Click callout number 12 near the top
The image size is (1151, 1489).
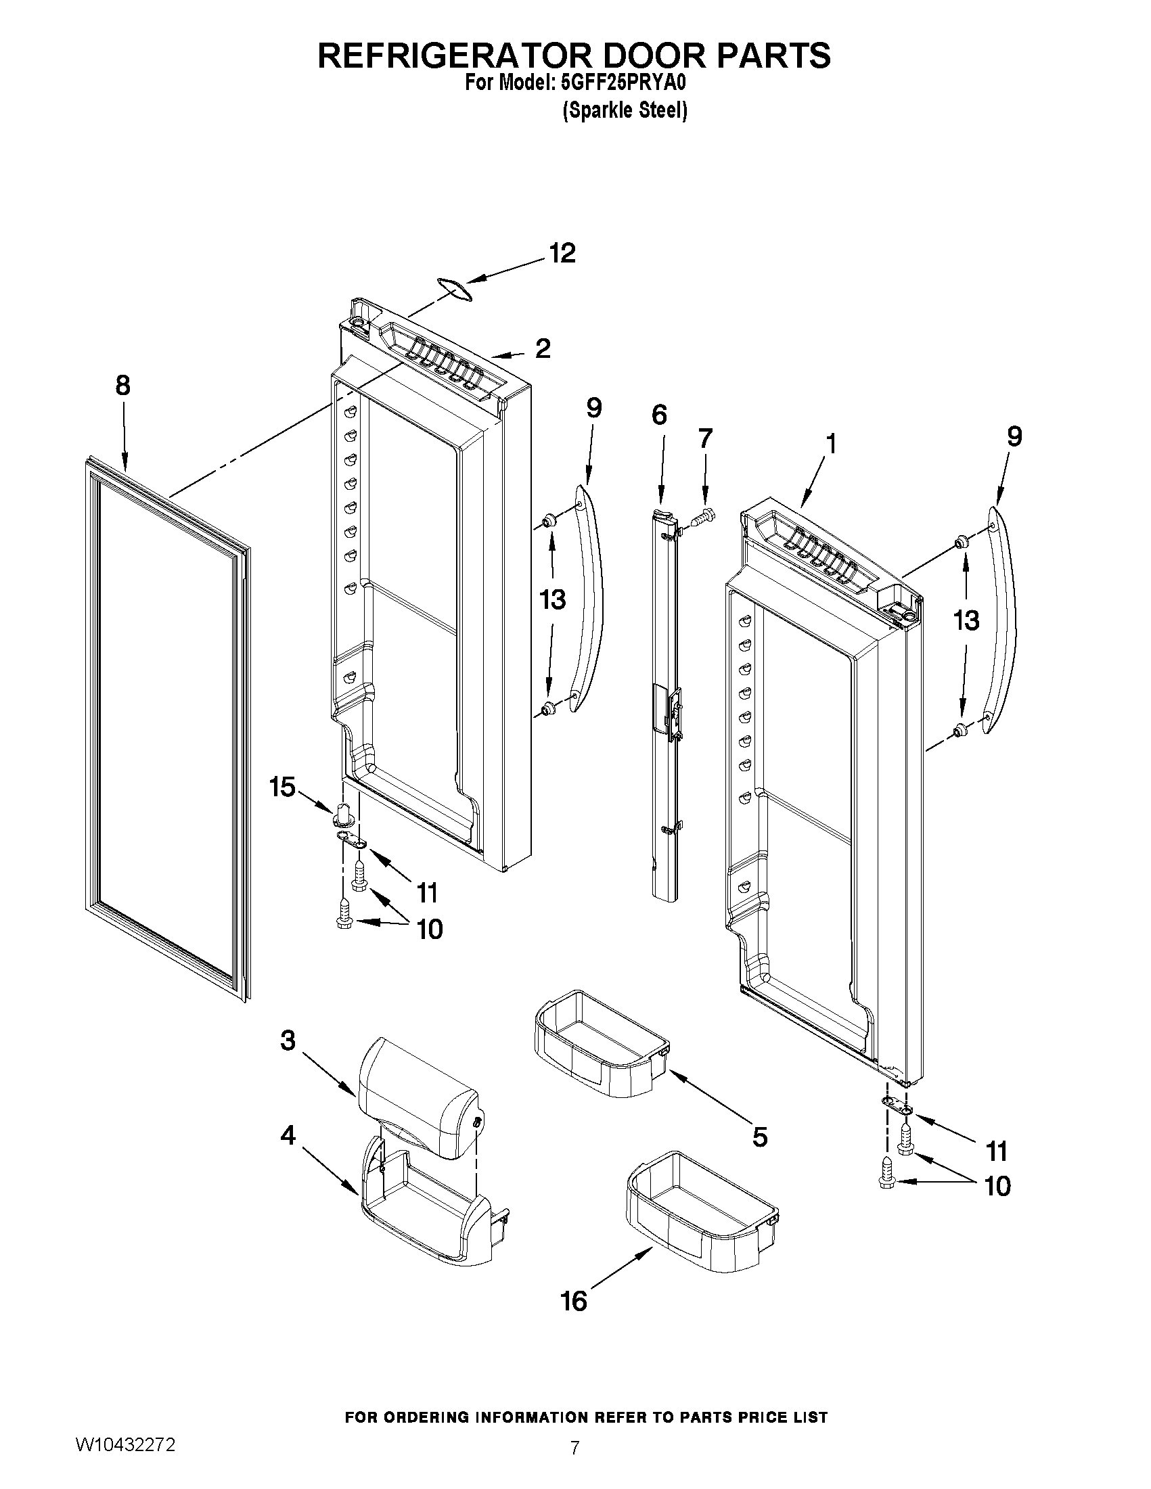point(562,254)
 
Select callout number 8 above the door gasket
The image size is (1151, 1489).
point(122,386)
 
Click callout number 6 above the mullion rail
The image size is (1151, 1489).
point(658,415)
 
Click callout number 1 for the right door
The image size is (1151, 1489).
point(830,444)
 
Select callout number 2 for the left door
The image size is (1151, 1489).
point(543,348)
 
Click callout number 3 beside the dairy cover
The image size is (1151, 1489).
point(288,1040)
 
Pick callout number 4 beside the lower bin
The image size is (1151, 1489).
point(288,1135)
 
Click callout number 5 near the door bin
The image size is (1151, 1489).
point(760,1137)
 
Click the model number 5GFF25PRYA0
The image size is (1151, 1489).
point(621,83)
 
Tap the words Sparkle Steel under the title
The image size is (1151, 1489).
point(625,110)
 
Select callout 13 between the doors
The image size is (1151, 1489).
point(552,600)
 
